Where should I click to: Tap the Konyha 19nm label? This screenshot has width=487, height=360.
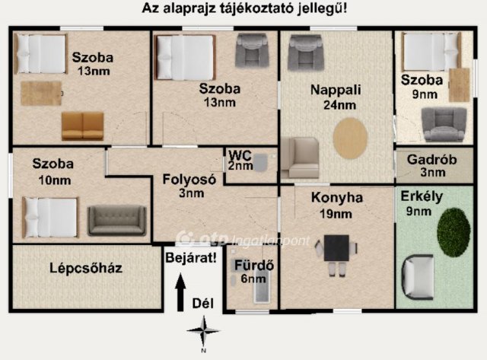337,205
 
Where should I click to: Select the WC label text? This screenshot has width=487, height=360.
240,160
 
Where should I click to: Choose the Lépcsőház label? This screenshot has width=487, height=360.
86,268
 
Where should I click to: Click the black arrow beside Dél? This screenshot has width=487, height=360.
180,293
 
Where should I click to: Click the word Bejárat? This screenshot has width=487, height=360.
190,258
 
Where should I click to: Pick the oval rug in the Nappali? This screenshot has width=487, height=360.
350,138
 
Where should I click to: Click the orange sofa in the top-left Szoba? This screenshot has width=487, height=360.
82,126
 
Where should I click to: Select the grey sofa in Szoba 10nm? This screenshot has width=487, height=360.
116,220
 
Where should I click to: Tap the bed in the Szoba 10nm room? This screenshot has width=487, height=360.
50,217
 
